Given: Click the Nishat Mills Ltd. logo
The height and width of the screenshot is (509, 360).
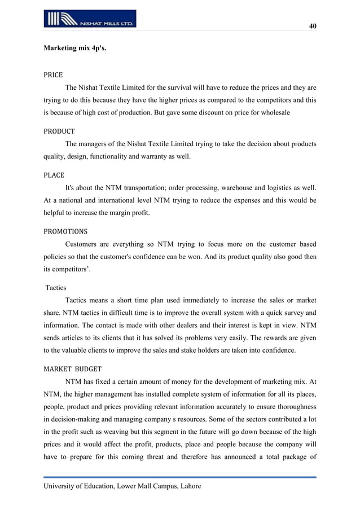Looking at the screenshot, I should pyautogui.click(x=90, y=19).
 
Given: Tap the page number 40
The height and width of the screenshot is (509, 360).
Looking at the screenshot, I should pyautogui.click(x=312, y=27).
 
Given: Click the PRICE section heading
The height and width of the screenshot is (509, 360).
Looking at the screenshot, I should pyautogui.click(x=53, y=74).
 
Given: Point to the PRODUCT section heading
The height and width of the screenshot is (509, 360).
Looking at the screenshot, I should pyautogui.click(x=59, y=131).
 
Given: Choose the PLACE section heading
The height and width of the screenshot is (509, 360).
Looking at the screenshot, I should pyautogui.click(x=54, y=175).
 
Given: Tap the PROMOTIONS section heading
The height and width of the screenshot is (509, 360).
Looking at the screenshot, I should pyautogui.click(x=65, y=231).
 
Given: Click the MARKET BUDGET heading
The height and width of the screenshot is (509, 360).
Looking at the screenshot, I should pyautogui.click(x=72, y=369).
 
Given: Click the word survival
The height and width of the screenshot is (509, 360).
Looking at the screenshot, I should pyautogui.click(x=176, y=88).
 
